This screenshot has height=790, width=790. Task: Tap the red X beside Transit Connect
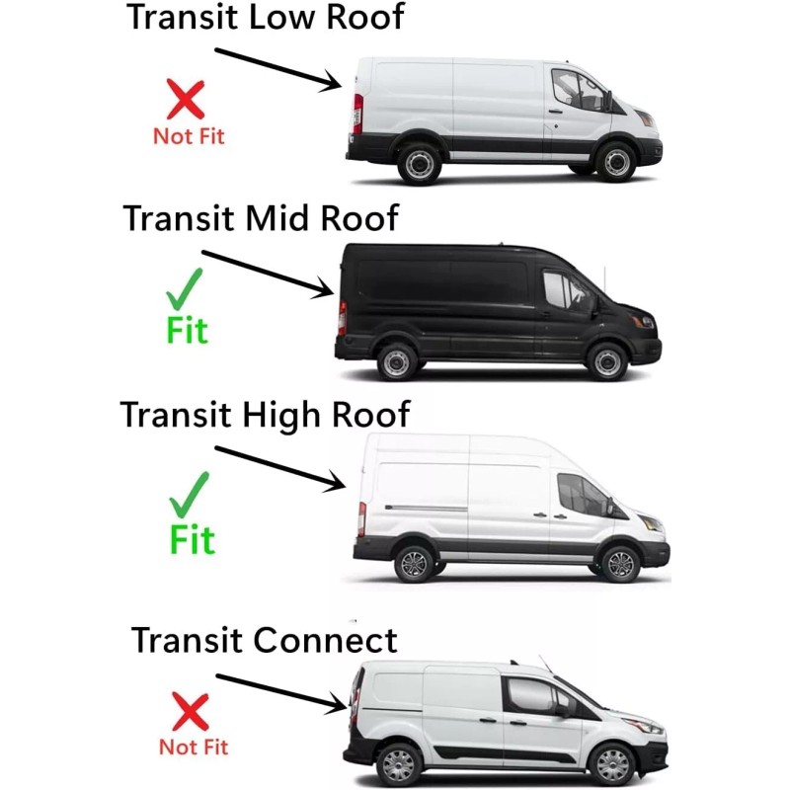pos(190,711)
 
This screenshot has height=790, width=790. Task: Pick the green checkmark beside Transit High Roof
pos(189,493)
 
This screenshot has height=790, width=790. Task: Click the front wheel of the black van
pos(606,361)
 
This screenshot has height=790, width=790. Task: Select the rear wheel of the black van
pos(397,361)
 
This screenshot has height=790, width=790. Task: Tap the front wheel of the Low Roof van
pos(616,162)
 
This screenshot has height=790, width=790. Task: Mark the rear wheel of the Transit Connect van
pos(400,765)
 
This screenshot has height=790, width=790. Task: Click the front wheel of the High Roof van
pos(620,564)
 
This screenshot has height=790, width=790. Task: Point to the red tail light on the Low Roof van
pos(357,113)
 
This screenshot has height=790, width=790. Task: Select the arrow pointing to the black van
pos(268,273)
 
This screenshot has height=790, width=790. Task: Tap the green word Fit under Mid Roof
pos(188,330)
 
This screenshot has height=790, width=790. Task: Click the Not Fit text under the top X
pos(189,137)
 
